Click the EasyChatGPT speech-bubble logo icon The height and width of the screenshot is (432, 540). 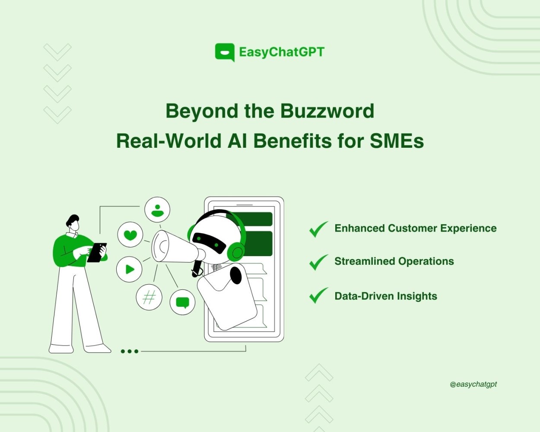click(x=225, y=52)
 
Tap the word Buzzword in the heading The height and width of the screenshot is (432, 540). click(x=327, y=111)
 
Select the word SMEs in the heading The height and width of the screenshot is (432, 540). click(x=397, y=141)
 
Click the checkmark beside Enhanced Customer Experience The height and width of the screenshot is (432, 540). click(x=319, y=229)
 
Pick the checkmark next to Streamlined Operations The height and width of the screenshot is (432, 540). click(x=319, y=262)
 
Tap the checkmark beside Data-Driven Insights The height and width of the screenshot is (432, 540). click(x=319, y=295)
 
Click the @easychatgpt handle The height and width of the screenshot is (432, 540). click(x=473, y=384)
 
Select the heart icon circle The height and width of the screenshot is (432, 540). click(x=130, y=235)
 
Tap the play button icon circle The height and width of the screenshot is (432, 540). click(x=129, y=269)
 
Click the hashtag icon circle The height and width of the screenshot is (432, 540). click(x=149, y=297)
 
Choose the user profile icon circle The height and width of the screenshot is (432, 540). click(x=157, y=210)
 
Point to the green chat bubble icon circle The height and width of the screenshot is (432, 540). click(x=182, y=302)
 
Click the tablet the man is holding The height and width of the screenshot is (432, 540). click(x=97, y=253)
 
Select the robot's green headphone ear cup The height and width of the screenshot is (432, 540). click(x=236, y=252)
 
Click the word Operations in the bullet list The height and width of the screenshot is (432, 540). click(x=426, y=261)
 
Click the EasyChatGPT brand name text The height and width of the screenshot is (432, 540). click(x=282, y=52)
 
